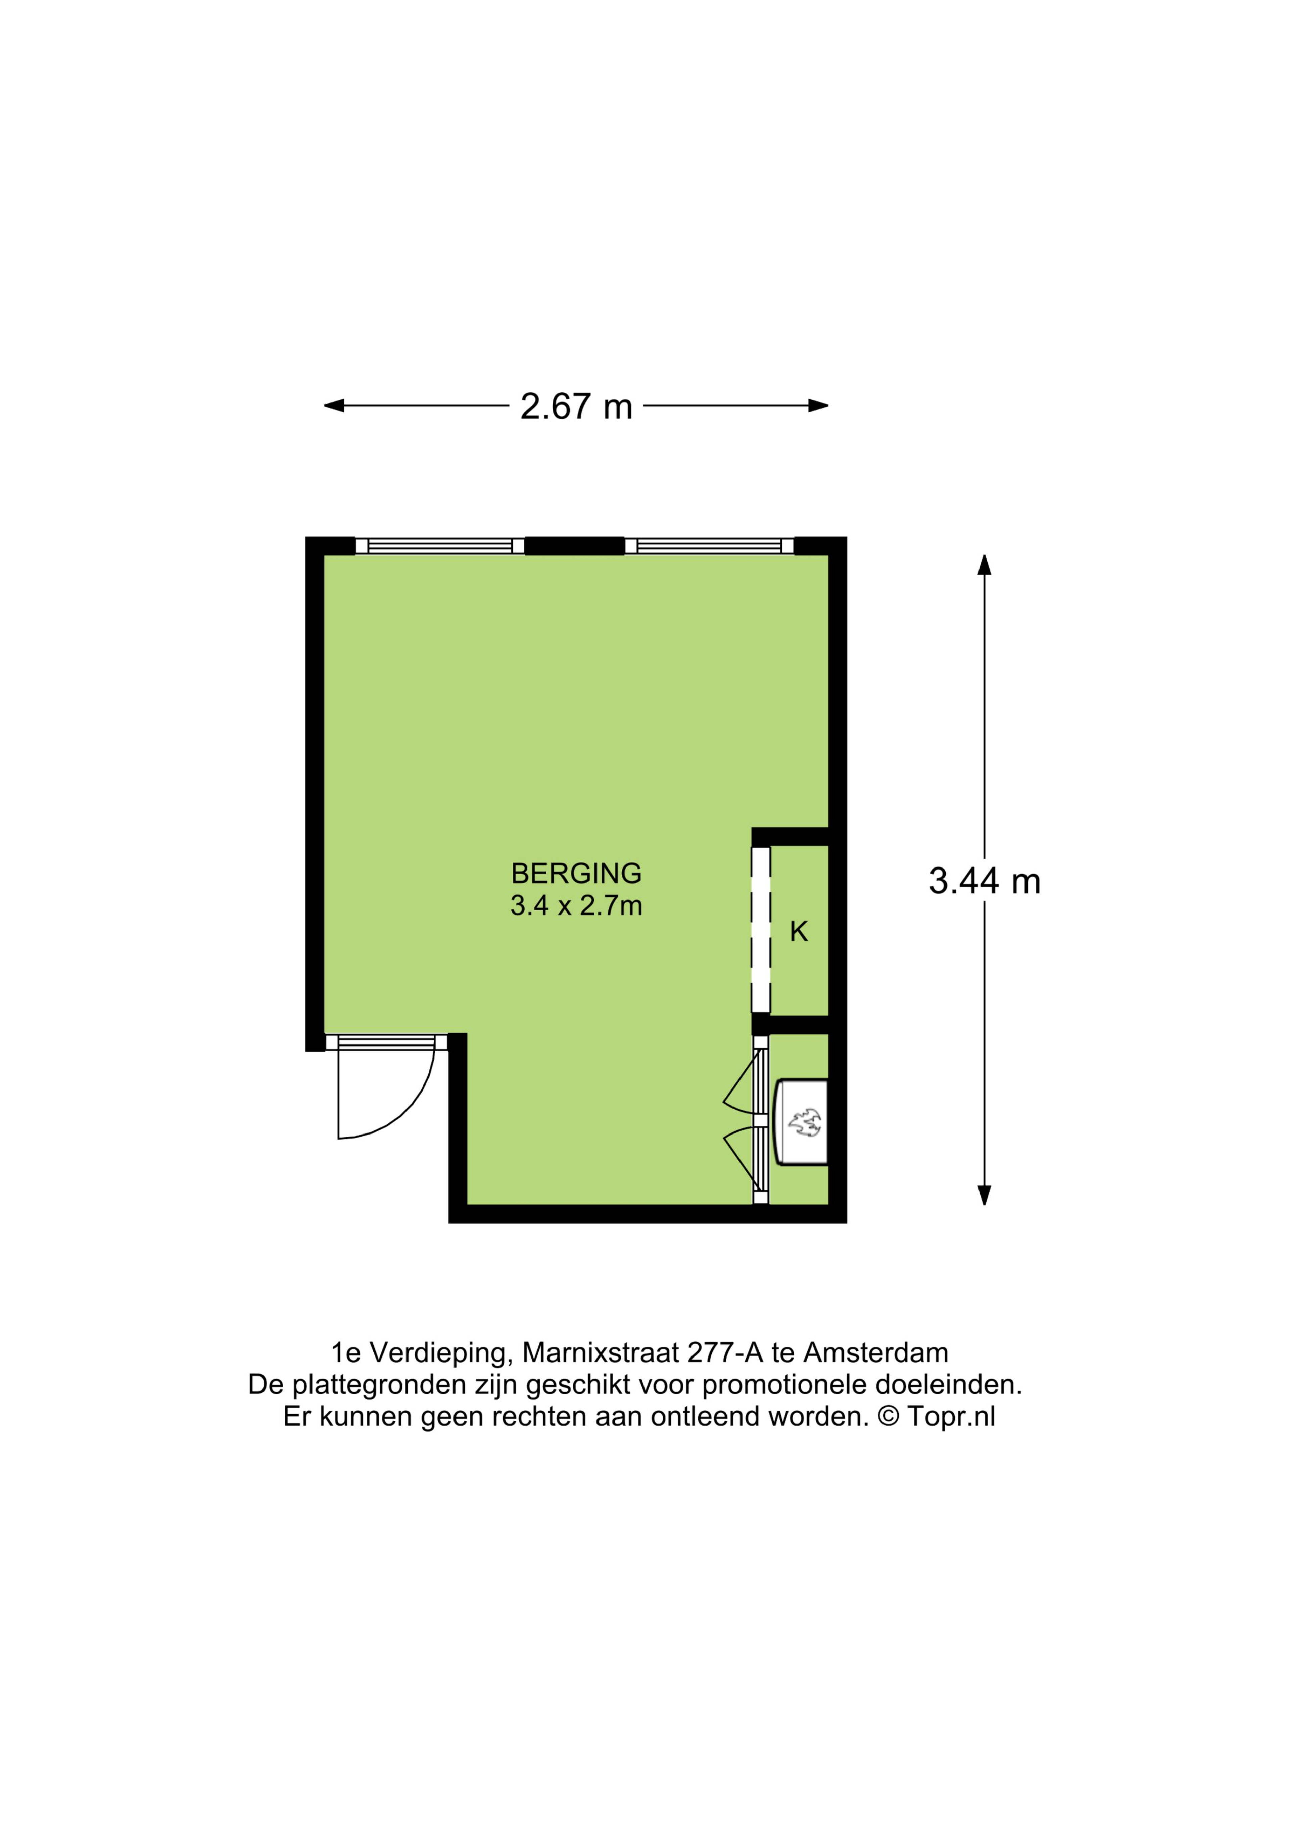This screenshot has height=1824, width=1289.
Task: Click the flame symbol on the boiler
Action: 805,1123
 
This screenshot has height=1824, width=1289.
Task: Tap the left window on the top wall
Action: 440,546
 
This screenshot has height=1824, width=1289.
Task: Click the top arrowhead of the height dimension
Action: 985,565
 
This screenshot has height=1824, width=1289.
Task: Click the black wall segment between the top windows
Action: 575,546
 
